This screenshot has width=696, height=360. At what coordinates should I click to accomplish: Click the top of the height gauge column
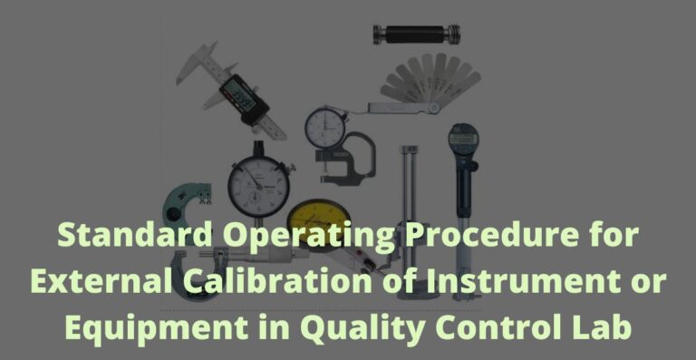coord(410,151)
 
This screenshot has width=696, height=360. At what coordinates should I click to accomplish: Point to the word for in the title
coord(614,237)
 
